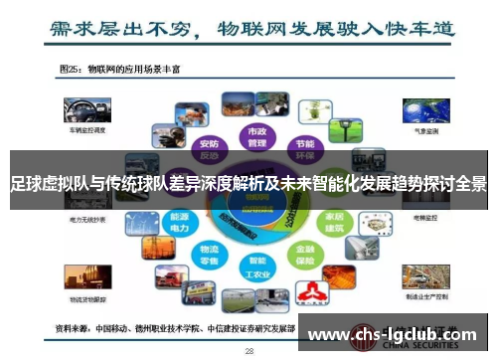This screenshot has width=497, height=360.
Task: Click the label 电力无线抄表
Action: click(x=87, y=221)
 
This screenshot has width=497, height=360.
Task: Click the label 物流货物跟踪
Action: click(x=87, y=295)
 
